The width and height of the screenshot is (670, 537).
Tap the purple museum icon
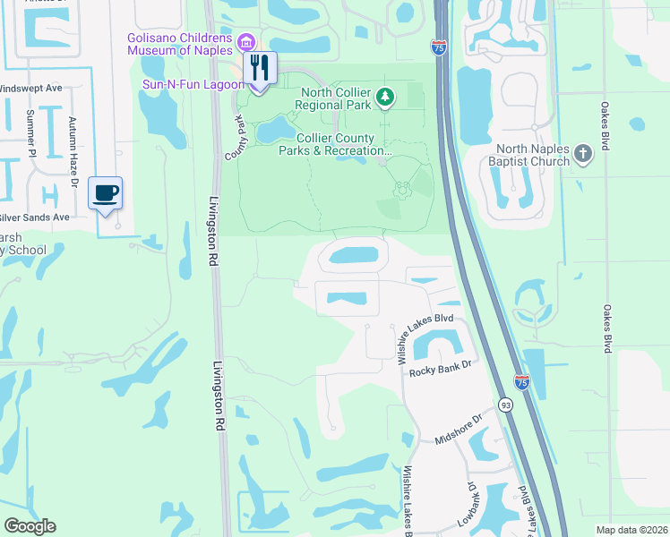[x=247, y=41]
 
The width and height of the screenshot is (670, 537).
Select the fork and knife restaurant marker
[x=260, y=67]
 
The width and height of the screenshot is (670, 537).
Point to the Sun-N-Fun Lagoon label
[x=193, y=84]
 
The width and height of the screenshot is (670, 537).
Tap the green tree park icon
[x=385, y=96]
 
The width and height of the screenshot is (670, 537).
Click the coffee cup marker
[x=106, y=193]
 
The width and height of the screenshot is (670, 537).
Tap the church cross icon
[x=582, y=154]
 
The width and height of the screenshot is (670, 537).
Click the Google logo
[x=30, y=526]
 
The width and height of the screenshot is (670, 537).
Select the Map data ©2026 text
[x=631, y=530]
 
